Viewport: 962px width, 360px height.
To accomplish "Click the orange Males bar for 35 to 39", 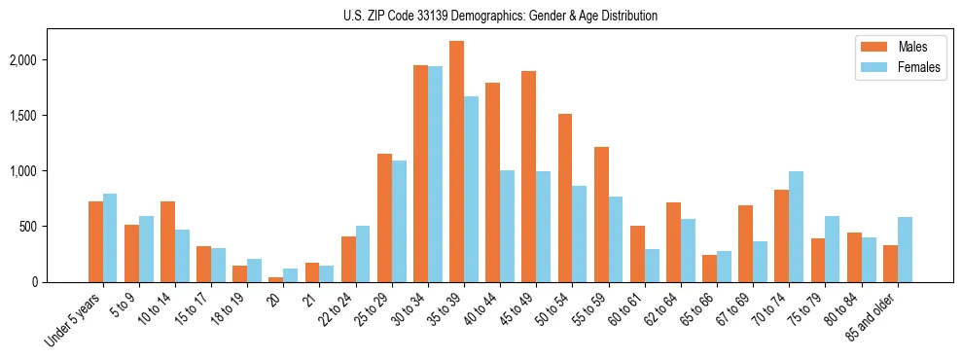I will tap(456, 162).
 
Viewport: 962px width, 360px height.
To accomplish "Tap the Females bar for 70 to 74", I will tap(796, 227).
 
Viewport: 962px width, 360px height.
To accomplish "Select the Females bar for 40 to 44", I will tap(507, 226).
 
